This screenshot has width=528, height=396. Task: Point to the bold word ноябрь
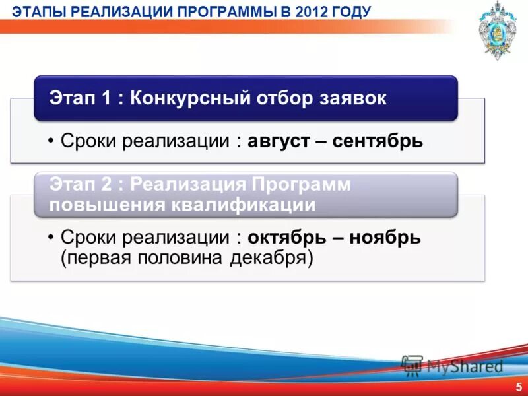385,237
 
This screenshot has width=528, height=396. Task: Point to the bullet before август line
51,141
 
